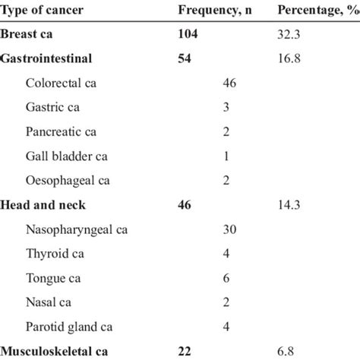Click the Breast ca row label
click(x=27, y=34)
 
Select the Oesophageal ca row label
click(x=68, y=180)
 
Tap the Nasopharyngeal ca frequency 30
click(x=229, y=229)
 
